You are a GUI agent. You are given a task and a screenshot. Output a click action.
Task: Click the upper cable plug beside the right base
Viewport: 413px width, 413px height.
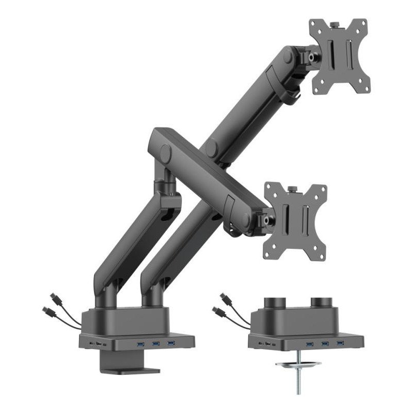(226, 298)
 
